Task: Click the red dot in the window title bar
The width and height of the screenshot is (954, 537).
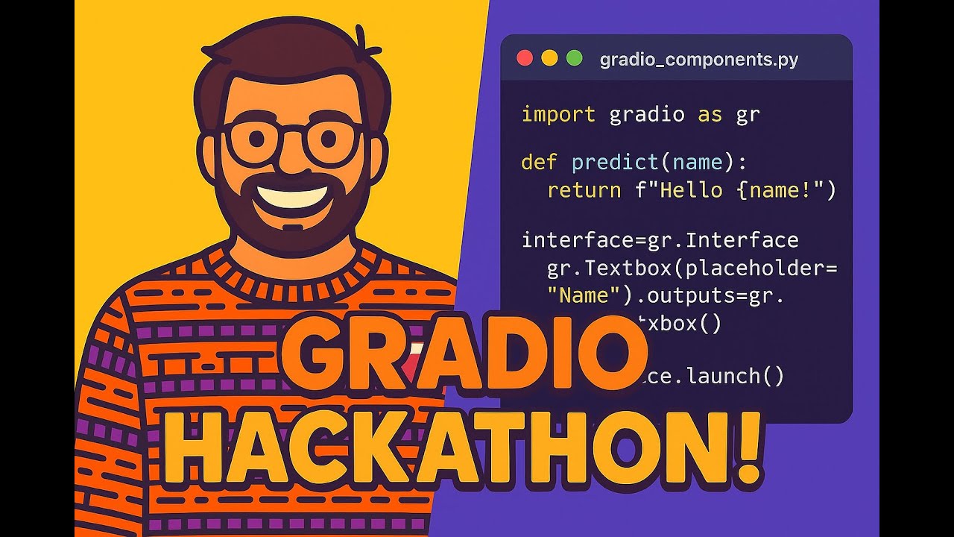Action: [525, 58]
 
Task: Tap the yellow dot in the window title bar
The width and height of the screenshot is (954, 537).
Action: [549, 58]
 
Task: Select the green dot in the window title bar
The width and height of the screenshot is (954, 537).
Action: [574, 58]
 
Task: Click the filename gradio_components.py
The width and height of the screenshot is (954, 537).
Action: [698, 60]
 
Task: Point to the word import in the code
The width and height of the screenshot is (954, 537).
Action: [558, 115]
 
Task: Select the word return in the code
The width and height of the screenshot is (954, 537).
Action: [584, 190]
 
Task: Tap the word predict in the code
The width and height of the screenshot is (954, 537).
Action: [616, 163]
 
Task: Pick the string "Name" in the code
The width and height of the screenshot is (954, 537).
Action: [584, 296]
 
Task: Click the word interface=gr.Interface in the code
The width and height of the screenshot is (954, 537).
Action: [660, 240]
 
